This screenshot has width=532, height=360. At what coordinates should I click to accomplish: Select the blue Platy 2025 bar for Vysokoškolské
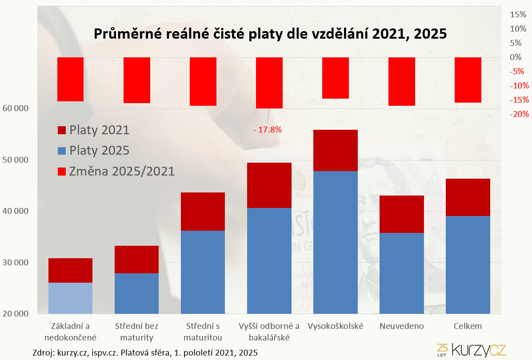point(336,242)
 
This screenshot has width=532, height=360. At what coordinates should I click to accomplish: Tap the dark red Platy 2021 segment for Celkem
point(468,197)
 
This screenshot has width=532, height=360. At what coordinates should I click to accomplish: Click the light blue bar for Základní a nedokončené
point(70,298)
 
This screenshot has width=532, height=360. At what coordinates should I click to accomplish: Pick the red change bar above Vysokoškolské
point(336,78)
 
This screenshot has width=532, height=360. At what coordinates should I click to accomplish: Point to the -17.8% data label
point(268,130)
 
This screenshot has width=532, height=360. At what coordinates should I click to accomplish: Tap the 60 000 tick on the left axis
point(16,108)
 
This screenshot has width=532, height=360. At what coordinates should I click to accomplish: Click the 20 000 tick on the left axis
point(16,314)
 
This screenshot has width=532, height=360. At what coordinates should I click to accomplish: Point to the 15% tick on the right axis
point(517,14)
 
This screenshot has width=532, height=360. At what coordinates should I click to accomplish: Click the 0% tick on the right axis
point(516,57)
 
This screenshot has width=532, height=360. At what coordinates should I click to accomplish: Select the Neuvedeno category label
point(402,326)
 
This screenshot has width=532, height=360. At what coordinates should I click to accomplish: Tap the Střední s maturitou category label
point(203,332)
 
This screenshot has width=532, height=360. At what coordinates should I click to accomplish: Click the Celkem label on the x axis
point(468,326)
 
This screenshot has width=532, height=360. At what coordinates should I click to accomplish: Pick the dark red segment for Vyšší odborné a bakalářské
point(269,185)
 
